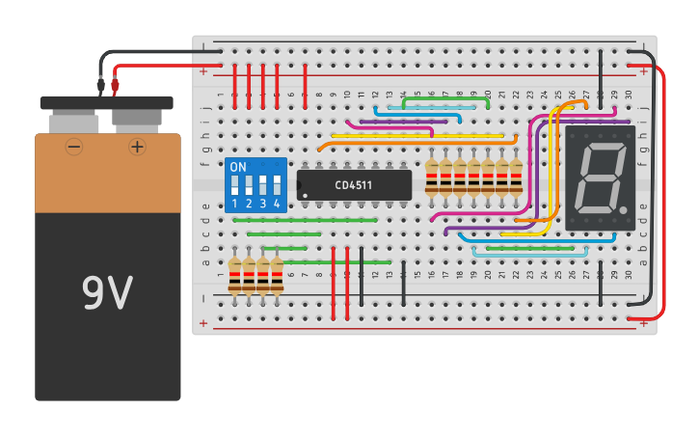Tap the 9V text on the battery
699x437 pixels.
click(x=107, y=294)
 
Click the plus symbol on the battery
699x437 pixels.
click(x=137, y=147)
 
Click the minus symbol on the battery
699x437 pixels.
click(x=74, y=147)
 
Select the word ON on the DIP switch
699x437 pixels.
click(x=238, y=167)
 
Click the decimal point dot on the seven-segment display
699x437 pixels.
click(x=624, y=209)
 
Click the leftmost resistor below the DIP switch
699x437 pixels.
click(x=234, y=275)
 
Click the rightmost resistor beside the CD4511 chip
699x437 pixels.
click(x=516, y=178)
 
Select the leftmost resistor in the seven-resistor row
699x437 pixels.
click(x=432, y=178)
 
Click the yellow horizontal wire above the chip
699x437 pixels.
click(x=415, y=137)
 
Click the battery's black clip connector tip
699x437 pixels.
click(x=100, y=86)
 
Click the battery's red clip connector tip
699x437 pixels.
click(x=115, y=86)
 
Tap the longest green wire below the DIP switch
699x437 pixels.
click(x=304, y=220)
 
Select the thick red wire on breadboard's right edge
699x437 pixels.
click(x=663, y=193)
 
